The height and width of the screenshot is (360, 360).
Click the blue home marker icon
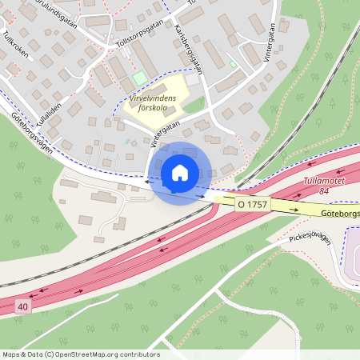pyautogui.click(x=179, y=172)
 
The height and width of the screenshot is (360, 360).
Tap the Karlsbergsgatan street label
pyautogui.click(x=188, y=48)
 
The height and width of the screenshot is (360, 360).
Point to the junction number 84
pyautogui.click(x=324, y=190)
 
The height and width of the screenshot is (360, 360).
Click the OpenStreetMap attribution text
pyautogui.click(x=81, y=354)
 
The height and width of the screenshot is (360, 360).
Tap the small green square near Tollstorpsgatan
pyautogui.click(x=140, y=78)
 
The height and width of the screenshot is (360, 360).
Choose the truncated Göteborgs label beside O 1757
pyautogui.click(x=342, y=214)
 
